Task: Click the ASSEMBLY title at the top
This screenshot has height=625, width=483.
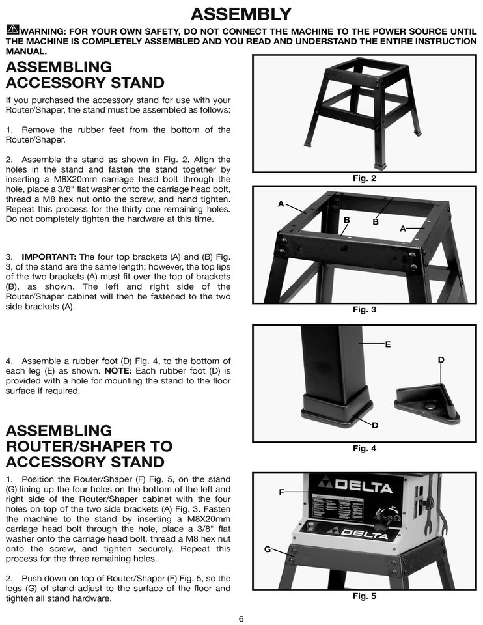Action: click(241, 14)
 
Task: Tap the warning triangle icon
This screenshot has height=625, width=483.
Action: click(12, 30)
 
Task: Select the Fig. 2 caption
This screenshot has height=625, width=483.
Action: click(364, 178)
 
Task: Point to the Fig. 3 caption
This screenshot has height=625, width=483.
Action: click(364, 310)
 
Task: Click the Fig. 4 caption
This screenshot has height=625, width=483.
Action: click(364, 449)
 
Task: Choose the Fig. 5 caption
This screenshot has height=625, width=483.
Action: click(364, 596)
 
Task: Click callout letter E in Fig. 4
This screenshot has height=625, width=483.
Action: click(388, 344)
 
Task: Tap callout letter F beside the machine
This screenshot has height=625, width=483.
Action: click(281, 492)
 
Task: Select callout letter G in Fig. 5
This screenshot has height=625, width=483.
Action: click(268, 549)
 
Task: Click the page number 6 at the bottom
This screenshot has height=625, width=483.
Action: click(241, 618)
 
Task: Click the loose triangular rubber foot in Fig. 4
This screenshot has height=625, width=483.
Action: click(426, 403)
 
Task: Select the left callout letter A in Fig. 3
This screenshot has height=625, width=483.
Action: click(281, 204)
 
